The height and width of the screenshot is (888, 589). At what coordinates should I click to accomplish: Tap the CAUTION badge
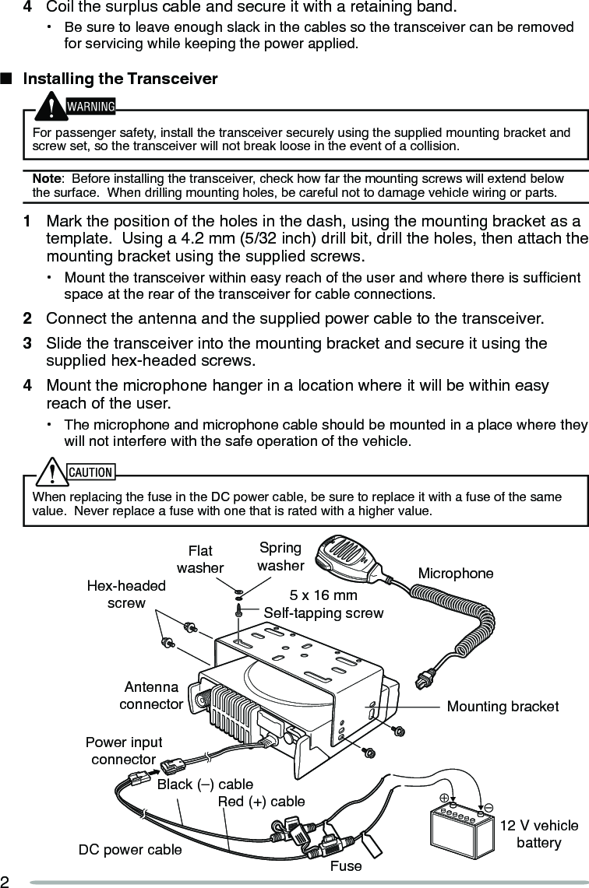click(x=90, y=472)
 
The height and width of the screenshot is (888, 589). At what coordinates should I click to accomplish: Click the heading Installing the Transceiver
click(x=120, y=79)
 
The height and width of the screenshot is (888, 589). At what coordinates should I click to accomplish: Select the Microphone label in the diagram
click(x=456, y=574)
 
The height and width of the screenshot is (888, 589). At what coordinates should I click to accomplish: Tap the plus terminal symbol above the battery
click(x=444, y=798)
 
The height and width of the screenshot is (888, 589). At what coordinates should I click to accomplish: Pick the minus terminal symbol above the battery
click(x=488, y=808)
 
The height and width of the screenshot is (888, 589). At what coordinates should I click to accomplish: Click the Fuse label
click(x=346, y=865)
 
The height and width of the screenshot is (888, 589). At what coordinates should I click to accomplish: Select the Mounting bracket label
click(x=503, y=707)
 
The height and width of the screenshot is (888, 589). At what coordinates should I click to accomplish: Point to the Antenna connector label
click(x=151, y=696)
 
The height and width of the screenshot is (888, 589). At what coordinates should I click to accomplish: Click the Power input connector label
click(x=124, y=751)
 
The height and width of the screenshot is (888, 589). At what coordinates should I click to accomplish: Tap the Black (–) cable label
click(x=205, y=784)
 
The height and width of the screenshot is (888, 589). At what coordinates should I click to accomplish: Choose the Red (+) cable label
click(x=262, y=802)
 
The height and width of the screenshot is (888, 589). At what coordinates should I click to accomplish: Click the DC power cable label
click(x=130, y=850)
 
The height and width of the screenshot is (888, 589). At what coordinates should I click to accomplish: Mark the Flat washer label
click(x=200, y=560)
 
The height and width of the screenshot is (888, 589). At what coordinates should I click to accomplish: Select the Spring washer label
click(x=280, y=556)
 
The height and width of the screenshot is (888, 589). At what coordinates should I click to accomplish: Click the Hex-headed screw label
click(x=126, y=595)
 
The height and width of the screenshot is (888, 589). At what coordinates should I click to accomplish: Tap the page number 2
click(x=5, y=881)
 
